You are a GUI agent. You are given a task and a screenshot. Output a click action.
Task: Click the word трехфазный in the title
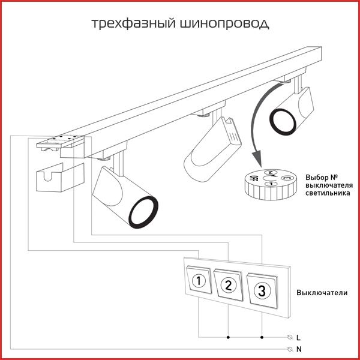[133, 24]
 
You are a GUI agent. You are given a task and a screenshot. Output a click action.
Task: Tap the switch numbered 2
[228, 286]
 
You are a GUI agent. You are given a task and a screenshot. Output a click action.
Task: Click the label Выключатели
[322, 293]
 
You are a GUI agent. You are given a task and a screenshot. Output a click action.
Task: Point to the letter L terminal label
[298, 337]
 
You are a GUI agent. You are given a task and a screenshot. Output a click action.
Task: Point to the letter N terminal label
[298, 348]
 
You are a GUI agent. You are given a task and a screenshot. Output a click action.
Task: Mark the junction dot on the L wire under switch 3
[262, 337]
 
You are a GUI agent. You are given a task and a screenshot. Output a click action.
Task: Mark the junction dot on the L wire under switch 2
[229, 337]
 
